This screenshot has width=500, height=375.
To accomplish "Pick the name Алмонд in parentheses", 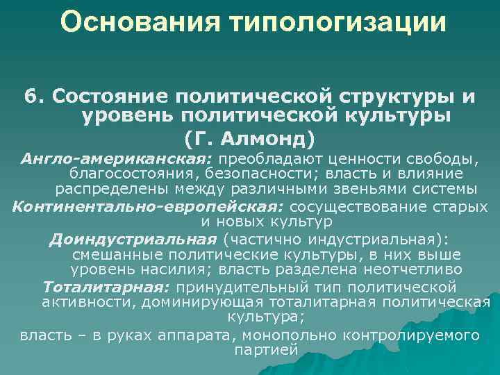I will click(x=270, y=137).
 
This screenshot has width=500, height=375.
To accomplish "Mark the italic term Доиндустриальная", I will click(x=133, y=240).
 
